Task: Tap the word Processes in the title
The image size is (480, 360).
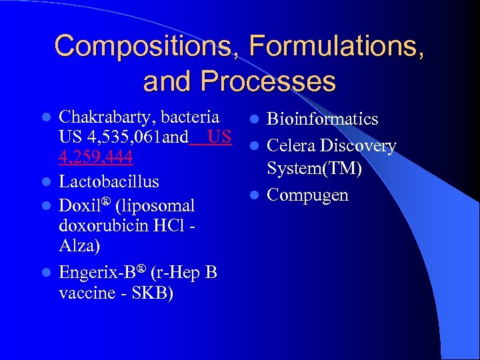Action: (269, 81)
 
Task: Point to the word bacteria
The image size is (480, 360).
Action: (189, 118)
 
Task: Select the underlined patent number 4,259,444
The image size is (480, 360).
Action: (96, 158)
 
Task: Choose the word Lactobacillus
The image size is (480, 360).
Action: (109, 181)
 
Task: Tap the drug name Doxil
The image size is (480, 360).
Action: (79, 205)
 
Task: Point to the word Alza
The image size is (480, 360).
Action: (79, 246)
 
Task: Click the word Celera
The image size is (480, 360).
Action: (291, 145)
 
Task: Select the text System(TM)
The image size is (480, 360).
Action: (314, 169)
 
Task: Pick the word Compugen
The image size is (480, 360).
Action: (307, 195)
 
